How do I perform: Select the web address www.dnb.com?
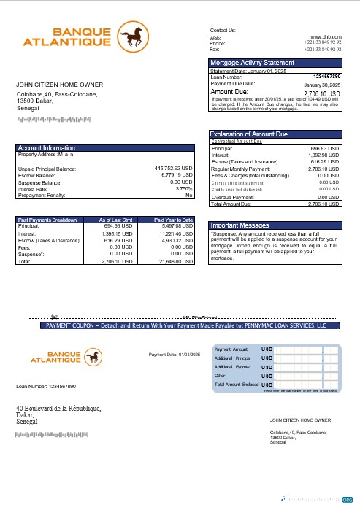[x=326, y=36]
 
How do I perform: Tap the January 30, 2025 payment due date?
[x=322, y=85]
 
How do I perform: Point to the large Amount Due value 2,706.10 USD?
[x=321, y=94]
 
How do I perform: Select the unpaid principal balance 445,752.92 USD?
[x=174, y=169]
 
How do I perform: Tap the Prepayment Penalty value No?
[x=188, y=195]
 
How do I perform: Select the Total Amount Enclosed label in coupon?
[x=236, y=384]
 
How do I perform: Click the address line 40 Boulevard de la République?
[x=58, y=409]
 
